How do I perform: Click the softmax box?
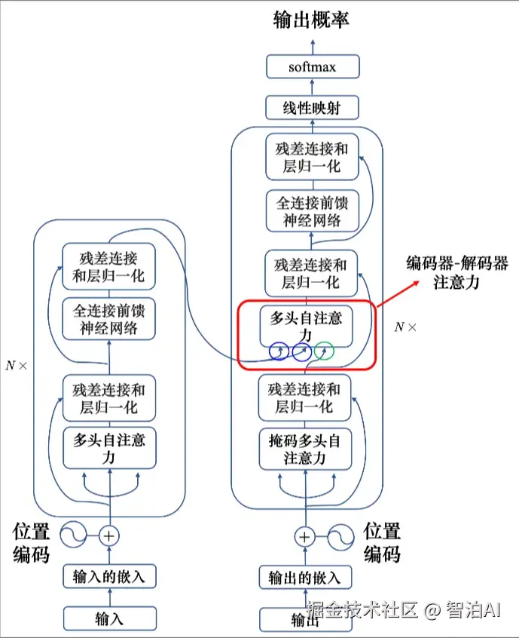313,66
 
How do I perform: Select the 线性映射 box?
312,107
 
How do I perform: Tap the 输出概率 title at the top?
311,20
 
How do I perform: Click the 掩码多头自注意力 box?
305,449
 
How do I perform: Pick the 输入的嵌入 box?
109,576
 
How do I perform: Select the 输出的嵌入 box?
305,577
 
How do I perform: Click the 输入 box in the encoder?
110,618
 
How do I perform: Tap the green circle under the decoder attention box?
325,351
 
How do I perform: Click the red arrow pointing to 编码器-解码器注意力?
398,293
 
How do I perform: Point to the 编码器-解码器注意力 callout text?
457,272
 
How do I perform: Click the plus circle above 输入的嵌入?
109,536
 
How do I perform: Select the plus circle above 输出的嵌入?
305,537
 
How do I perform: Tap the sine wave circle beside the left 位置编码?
73,535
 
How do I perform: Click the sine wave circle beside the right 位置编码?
340,538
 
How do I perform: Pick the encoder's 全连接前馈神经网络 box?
109,319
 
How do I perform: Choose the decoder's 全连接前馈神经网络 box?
313,210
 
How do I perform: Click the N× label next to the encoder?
17,366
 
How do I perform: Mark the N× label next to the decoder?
405,327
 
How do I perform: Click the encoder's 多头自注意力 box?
109,448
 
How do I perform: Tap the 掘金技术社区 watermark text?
362,610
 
